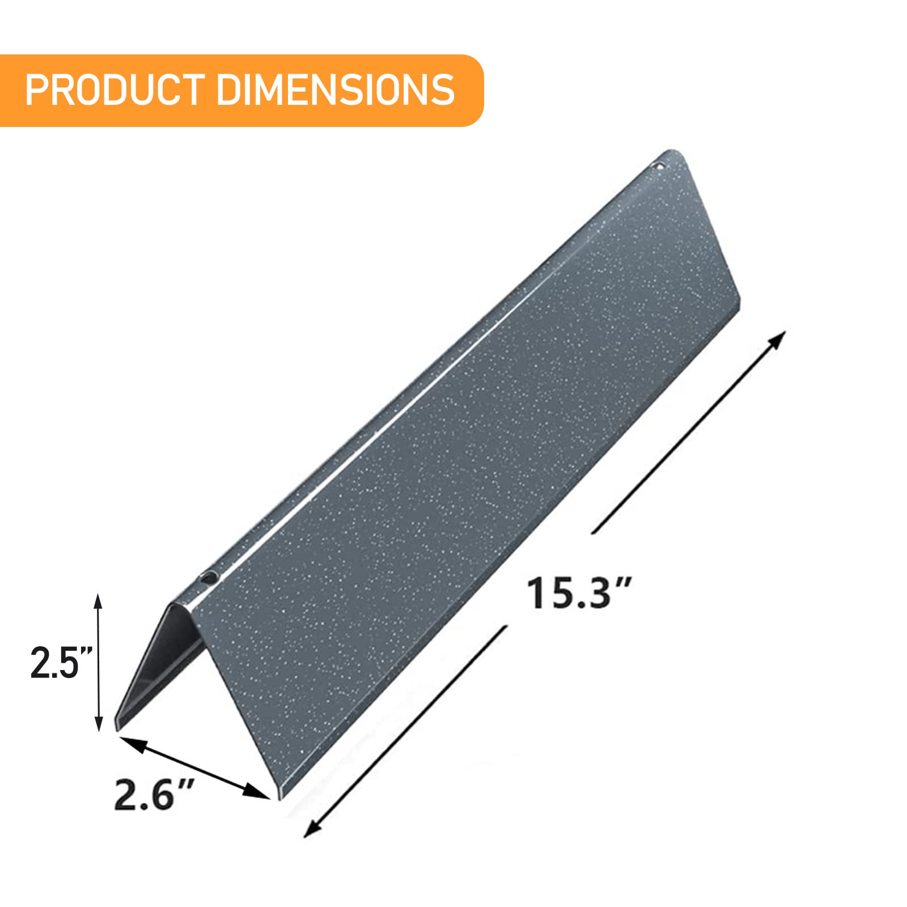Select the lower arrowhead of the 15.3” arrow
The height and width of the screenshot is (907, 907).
pos(311,830)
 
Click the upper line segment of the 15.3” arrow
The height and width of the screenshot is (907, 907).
pos(686,436)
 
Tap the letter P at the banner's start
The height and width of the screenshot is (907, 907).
pos(36,89)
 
